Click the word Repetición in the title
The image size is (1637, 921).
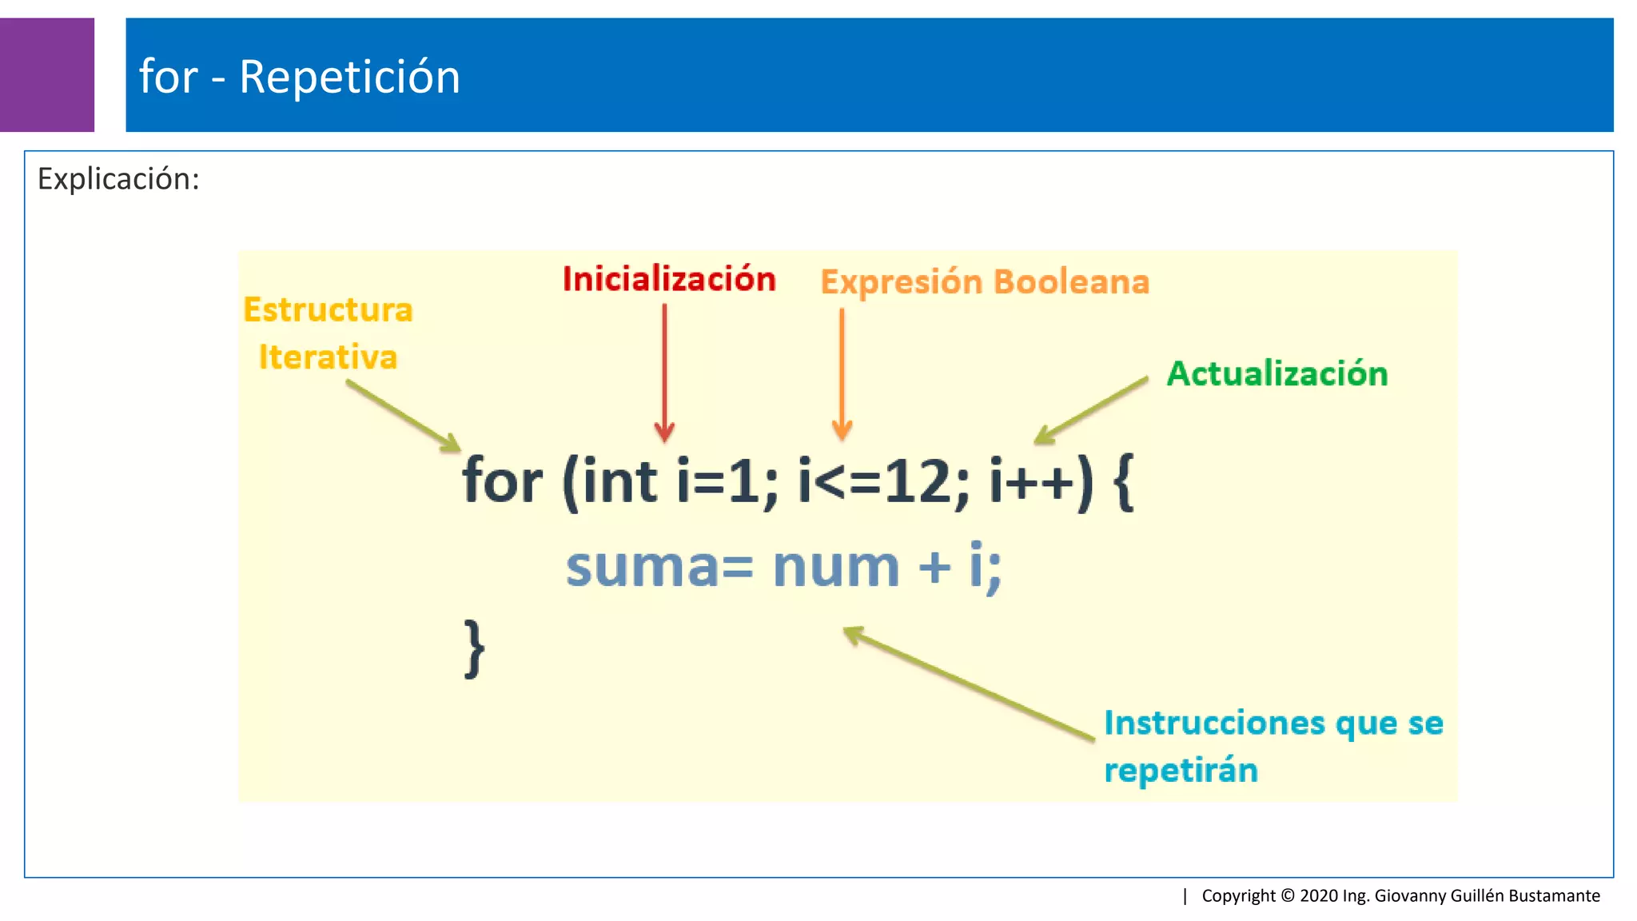pyautogui.click(x=349, y=78)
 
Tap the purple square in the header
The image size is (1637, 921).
pyautogui.click(x=46, y=74)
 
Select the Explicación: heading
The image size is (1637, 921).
pyautogui.click(x=118, y=178)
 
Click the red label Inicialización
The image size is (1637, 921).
pyautogui.click(x=669, y=279)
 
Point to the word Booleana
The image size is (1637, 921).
pyautogui.click(x=1071, y=282)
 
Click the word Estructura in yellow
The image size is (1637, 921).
pyautogui.click(x=328, y=310)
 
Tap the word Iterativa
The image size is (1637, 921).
pyautogui.click(x=328, y=357)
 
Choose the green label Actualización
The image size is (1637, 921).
pyautogui.click(x=1277, y=374)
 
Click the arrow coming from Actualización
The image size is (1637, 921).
pyautogui.click(x=1091, y=410)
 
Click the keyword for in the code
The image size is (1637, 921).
pyautogui.click(x=502, y=482)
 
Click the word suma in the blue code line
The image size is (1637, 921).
pyautogui.click(x=642, y=568)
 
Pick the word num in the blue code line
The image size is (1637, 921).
pyautogui.click(x=835, y=568)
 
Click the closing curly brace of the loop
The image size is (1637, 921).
pyautogui.click(x=474, y=648)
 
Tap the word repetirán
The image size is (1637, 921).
pyautogui.click(x=1181, y=771)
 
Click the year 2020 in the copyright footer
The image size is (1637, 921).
pyautogui.click(x=1319, y=895)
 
